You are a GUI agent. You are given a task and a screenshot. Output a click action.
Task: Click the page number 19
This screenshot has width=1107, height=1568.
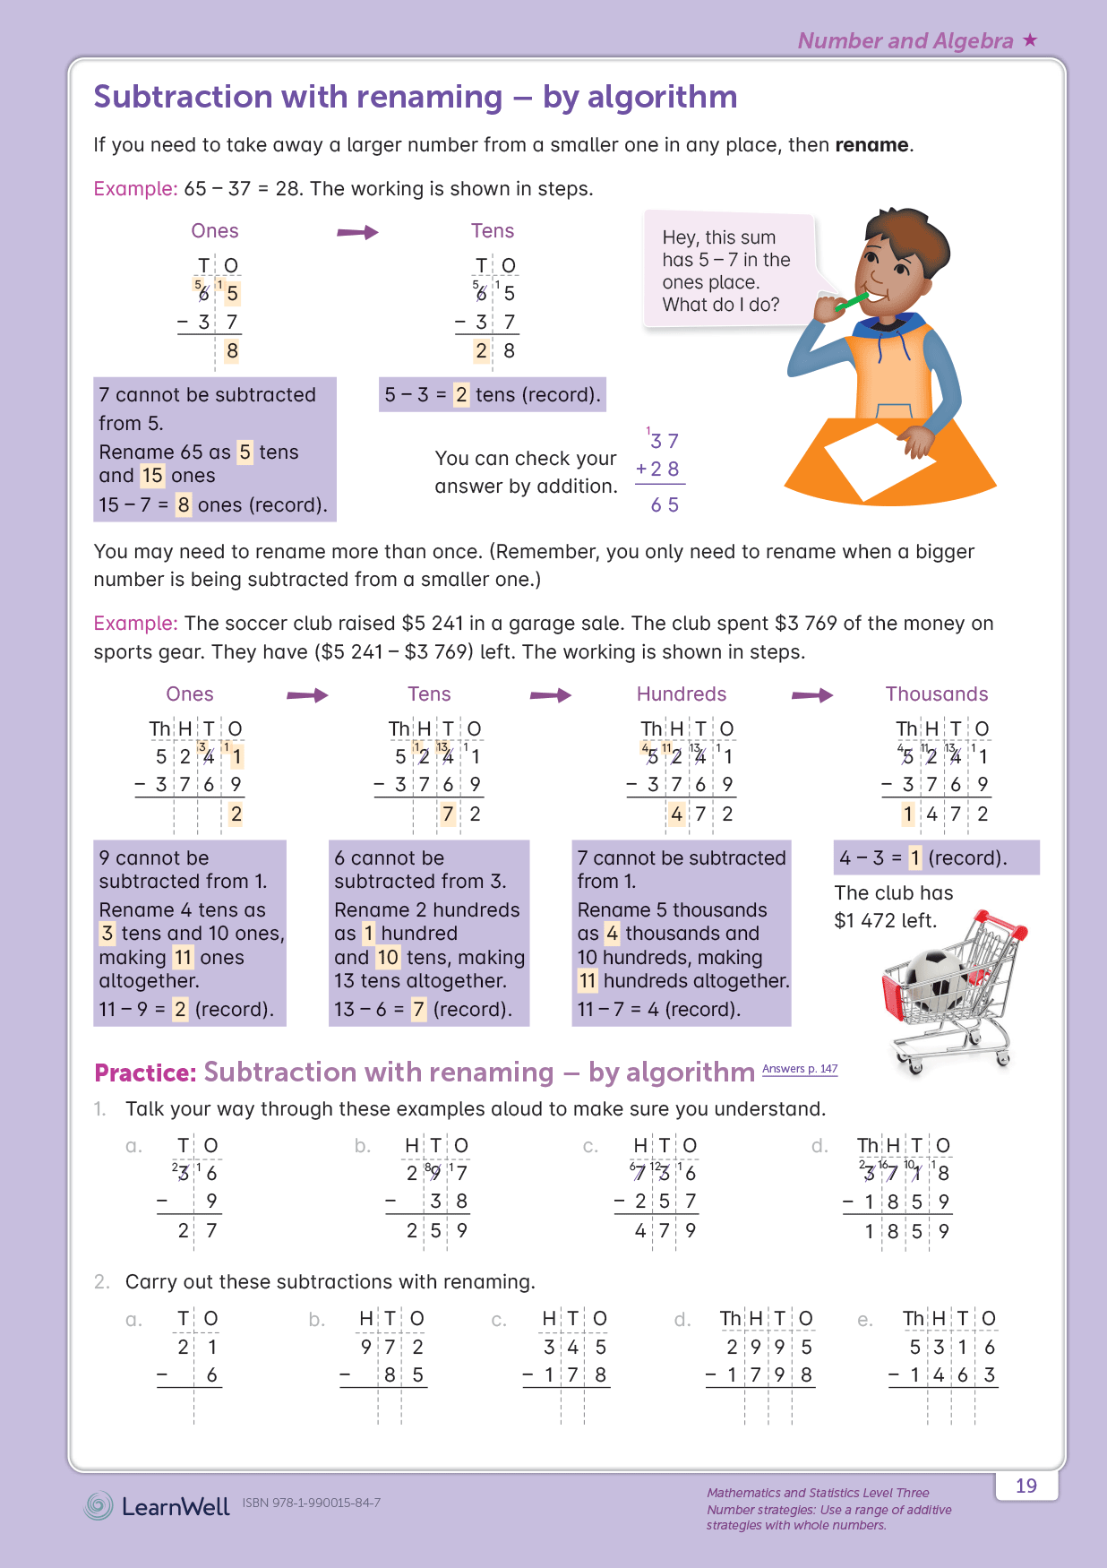(x=1025, y=1486)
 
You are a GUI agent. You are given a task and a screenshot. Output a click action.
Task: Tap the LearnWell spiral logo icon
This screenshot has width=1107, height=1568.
(x=99, y=1505)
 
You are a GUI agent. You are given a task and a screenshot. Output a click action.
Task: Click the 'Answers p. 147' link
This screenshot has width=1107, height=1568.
(x=800, y=1068)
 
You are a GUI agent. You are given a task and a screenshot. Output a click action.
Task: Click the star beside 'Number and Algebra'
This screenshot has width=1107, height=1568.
(x=1030, y=39)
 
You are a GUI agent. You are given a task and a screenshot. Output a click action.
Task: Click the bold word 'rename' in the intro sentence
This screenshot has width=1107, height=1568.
(x=871, y=145)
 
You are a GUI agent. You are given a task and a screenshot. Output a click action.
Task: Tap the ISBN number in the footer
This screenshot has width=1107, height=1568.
(x=311, y=1503)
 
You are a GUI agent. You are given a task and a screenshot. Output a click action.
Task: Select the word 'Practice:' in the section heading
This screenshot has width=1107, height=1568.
(x=145, y=1073)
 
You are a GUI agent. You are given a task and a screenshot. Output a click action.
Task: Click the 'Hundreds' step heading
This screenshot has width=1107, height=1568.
(x=682, y=694)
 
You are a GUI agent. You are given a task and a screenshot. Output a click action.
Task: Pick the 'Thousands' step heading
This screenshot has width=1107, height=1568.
(x=936, y=694)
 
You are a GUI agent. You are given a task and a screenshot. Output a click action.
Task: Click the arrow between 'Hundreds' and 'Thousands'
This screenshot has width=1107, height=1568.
(x=812, y=695)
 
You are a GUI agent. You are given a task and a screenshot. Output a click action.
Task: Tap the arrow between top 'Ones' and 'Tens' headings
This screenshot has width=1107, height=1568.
(x=357, y=233)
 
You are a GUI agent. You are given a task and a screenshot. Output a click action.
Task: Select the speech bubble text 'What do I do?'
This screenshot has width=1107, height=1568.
(x=721, y=305)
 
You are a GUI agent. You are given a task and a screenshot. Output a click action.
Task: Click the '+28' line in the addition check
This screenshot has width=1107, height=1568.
(x=657, y=469)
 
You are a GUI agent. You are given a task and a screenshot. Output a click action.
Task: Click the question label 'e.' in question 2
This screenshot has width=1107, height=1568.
(x=864, y=1320)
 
